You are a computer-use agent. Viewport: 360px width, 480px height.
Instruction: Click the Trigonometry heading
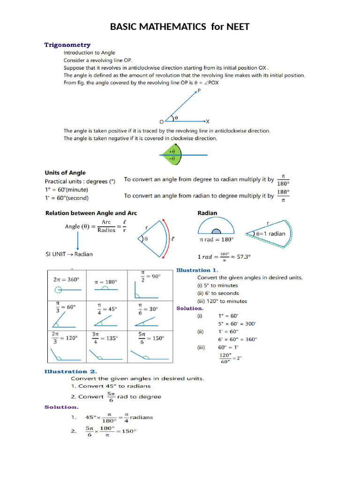pos(67,45)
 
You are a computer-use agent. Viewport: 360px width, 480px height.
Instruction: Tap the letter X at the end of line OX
pos(208,121)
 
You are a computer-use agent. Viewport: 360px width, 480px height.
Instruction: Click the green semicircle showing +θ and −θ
pos(172,155)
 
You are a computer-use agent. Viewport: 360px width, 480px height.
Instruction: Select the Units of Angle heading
pos(65,172)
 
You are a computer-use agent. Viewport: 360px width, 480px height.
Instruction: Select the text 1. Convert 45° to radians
pos(111,386)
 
